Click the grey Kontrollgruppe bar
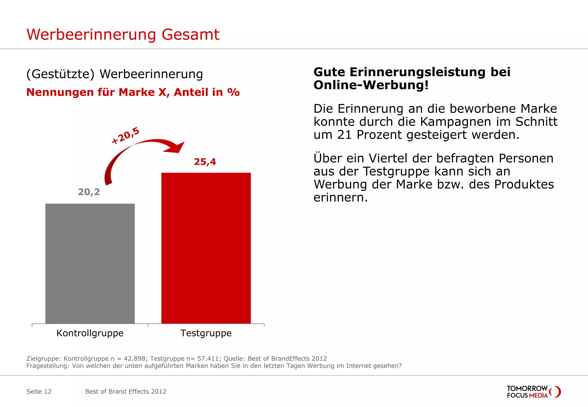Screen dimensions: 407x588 pos(90,263)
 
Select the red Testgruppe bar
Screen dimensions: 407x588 pos(206,248)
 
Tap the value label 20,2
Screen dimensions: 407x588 pos(89,192)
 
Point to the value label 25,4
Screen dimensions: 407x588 pos(205,162)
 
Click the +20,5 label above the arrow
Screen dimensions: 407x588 pos(125,135)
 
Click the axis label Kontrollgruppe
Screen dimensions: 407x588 pos(90,333)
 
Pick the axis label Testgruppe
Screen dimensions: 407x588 pos(206,333)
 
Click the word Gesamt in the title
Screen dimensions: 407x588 pos(190,34)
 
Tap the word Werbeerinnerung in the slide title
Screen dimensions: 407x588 pos(91,34)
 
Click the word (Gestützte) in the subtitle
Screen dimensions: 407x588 pos(60,74)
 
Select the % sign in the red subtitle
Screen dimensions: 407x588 pos(233,92)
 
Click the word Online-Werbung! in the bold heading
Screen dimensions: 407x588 pos(371,85)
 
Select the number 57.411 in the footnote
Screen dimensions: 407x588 pos(208,358)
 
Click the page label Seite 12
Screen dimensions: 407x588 pos(39,392)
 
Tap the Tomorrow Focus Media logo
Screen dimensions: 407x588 pos(533,392)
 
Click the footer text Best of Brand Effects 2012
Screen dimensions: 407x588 pos(126,392)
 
